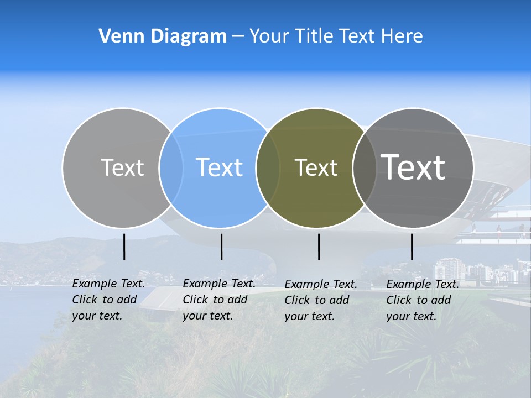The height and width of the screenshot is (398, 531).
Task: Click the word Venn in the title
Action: pos(116,36)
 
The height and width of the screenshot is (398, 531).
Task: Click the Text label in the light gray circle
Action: pos(122,167)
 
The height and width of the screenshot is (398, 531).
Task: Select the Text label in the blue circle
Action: pos(219,167)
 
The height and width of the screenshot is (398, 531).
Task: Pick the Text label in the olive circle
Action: pos(316,167)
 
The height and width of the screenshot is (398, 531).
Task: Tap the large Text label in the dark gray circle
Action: pos(413,167)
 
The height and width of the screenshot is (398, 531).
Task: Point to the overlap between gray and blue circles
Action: pos(171,168)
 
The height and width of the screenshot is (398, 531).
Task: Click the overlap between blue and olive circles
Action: pos(268,168)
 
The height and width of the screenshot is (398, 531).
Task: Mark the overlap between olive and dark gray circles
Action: pos(362,168)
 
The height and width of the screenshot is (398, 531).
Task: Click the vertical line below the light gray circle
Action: pos(124,247)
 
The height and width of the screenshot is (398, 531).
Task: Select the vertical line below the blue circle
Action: pos(221,247)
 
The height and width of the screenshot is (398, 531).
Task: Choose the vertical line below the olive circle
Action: pos(319,247)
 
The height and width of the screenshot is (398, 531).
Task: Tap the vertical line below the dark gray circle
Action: pos(412,247)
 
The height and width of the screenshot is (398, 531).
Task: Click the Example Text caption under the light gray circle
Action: pos(108,300)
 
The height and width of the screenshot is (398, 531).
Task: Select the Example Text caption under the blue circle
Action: pos(219,300)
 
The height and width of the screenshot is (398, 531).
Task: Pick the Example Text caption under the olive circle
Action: pos(321,300)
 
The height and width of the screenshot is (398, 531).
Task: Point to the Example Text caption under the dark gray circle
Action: pos(423,300)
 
